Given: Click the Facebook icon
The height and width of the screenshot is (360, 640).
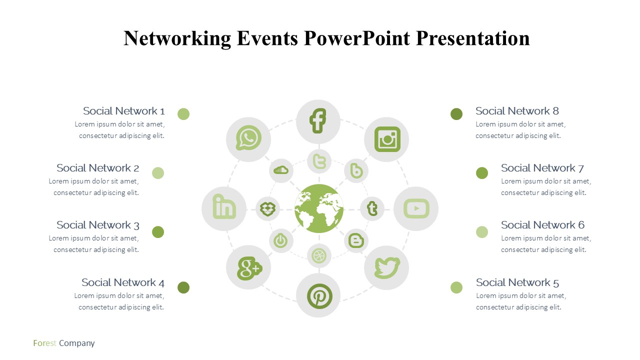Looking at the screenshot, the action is coord(317,120).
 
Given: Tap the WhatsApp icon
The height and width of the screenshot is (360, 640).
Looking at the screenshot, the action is coord(248,137).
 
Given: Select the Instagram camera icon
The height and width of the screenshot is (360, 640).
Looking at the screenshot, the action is coord(387,139).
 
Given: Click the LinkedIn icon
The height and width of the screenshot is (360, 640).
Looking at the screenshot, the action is coord(224,206).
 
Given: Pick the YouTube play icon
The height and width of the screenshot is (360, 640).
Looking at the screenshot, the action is coord(416,209).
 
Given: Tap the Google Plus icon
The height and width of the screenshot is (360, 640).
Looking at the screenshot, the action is coord(249,268).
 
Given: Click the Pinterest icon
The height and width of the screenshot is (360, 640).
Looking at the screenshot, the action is coord(319,296).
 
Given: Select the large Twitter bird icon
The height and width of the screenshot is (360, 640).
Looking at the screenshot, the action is coord(387,267).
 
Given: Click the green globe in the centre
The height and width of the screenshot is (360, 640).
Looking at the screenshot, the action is coord(319,208).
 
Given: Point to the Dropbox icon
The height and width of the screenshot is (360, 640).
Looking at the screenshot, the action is coord(267,209).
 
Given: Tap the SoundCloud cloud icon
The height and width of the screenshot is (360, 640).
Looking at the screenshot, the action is coord(281,170).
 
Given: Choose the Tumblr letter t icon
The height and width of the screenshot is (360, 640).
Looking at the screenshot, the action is coord(372,208).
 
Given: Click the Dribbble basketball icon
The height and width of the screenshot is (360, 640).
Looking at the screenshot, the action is coord(319,255).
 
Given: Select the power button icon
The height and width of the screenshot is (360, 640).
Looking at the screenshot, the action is coord(280,240).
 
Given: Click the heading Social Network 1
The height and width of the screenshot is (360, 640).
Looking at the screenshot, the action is coord(123,111).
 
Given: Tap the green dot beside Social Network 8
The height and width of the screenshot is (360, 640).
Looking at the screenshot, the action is coord(456,114).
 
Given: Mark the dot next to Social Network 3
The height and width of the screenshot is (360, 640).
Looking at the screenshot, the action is coord(157,232).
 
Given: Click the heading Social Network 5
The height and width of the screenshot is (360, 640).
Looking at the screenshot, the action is coord(517,282).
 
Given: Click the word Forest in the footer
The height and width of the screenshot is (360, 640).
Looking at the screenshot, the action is coord(44,343).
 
